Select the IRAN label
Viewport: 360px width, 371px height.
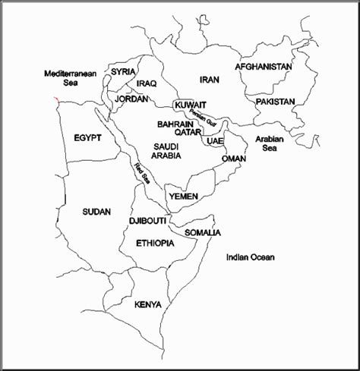click(210, 79)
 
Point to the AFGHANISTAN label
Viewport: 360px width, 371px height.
click(264, 67)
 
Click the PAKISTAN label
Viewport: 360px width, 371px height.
click(276, 101)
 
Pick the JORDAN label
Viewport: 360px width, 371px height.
click(131, 99)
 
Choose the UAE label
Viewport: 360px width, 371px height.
click(215, 141)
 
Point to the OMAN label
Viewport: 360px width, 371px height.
click(233, 159)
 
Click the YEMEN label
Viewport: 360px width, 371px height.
click(184, 197)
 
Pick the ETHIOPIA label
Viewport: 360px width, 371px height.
click(155, 244)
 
